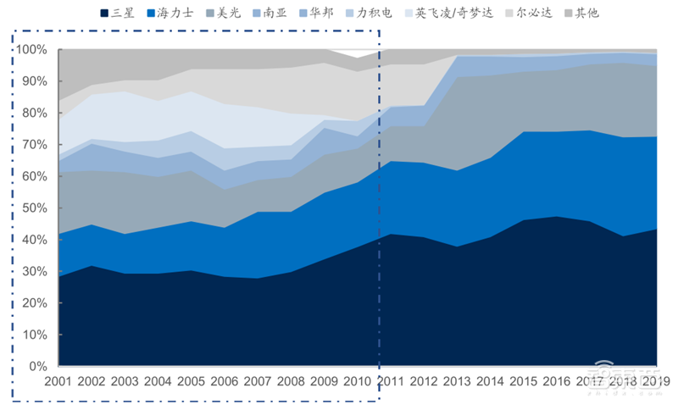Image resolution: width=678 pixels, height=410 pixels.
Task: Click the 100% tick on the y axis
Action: pos(31,50)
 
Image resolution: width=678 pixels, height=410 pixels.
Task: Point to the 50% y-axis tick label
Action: pos(35,208)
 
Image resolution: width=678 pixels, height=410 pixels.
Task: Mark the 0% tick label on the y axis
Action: pos(38,367)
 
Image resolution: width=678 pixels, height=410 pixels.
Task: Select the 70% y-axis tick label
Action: pos(35,145)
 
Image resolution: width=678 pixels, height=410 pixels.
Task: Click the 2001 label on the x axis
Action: pos(58,382)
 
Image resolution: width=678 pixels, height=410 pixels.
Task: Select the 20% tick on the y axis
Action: pos(35,303)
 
